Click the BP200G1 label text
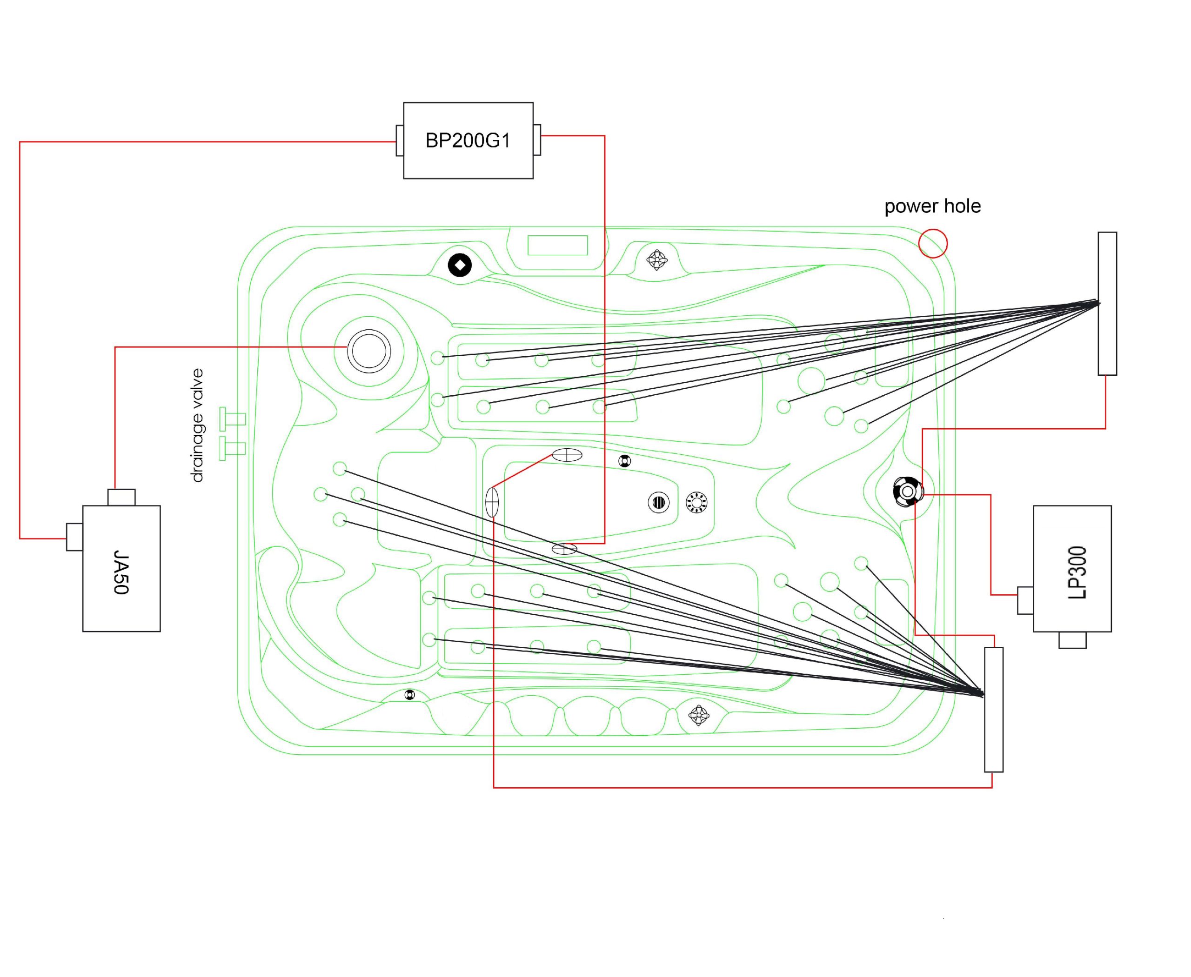[468, 140]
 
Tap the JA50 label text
[121, 572]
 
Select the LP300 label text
[1077, 572]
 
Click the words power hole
[932, 206]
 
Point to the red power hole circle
[932, 243]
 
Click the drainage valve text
[196, 425]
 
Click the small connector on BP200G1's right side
[537, 140]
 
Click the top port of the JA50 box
[121, 497]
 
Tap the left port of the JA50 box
[74, 537]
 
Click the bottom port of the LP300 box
[1072, 640]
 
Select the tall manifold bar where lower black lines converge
[993, 709]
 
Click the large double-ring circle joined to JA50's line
[369, 351]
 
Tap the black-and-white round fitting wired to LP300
[907, 492]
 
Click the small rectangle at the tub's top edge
[557, 246]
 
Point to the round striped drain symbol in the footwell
[658, 502]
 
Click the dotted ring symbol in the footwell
[696, 502]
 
